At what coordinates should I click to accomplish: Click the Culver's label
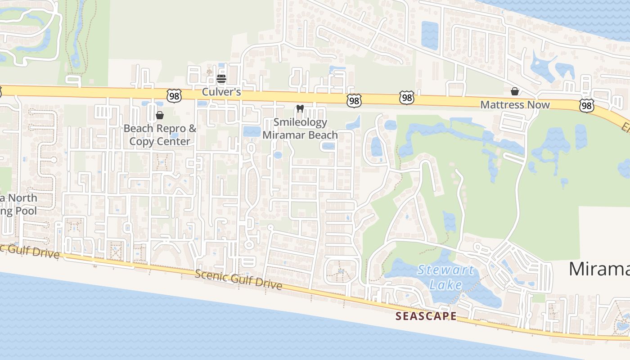(221, 92)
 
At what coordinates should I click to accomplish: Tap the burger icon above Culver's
(221, 79)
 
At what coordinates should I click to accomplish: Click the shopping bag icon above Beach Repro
(159, 115)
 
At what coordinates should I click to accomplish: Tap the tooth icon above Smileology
(300, 109)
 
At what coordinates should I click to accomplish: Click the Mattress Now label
(515, 105)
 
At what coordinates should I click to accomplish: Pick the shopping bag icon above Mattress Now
(515, 92)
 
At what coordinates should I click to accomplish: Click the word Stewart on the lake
(445, 271)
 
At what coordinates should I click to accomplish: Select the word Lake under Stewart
(445, 284)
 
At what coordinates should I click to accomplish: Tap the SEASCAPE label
(426, 316)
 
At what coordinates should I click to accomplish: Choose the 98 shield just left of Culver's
(173, 95)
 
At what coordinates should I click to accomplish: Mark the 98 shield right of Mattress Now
(586, 105)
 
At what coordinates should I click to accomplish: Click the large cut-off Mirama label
(599, 269)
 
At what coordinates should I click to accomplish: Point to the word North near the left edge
(22, 198)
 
